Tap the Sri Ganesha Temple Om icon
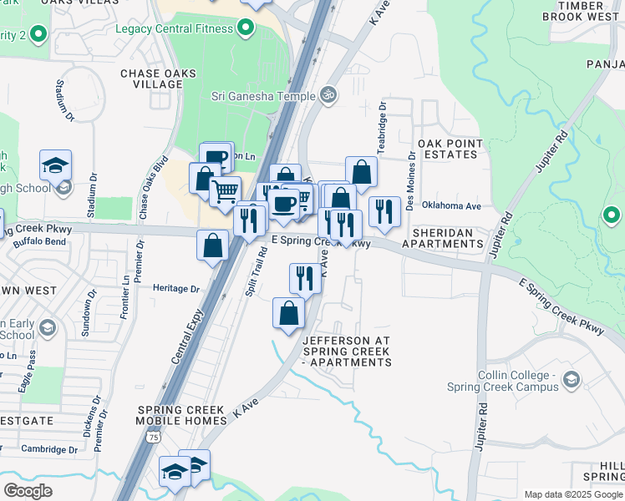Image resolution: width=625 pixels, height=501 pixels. pyautogui.click(x=328, y=95)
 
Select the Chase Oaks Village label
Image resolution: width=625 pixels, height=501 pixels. pyautogui.click(x=158, y=79)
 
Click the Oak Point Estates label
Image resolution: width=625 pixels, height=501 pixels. pyautogui.click(x=450, y=149)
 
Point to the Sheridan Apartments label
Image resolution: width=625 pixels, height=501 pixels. pyautogui.click(x=443, y=238)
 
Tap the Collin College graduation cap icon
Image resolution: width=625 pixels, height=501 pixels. pyautogui.click(x=572, y=380)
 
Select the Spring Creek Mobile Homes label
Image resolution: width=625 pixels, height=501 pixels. pyautogui.click(x=180, y=416)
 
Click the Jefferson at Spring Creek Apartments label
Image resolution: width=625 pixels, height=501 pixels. pyautogui.click(x=346, y=352)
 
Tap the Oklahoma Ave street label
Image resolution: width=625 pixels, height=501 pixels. pyautogui.click(x=452, y=205)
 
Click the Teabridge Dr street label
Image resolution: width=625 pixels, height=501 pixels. pyautogui.click(x=381, y=130)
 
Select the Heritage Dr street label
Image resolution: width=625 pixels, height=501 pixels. pyautogui.click(x=176, y=289)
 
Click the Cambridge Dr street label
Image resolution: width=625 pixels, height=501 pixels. pyautogui.click(x=49, y=449)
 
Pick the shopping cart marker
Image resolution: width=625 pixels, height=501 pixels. pyautogui.click(x=225, y=191)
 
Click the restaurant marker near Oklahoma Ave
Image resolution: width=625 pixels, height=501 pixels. pyautogui.click(x=384, y=211)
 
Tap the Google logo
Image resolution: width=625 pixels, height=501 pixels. pyautogui.click(x=28, y=490)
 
